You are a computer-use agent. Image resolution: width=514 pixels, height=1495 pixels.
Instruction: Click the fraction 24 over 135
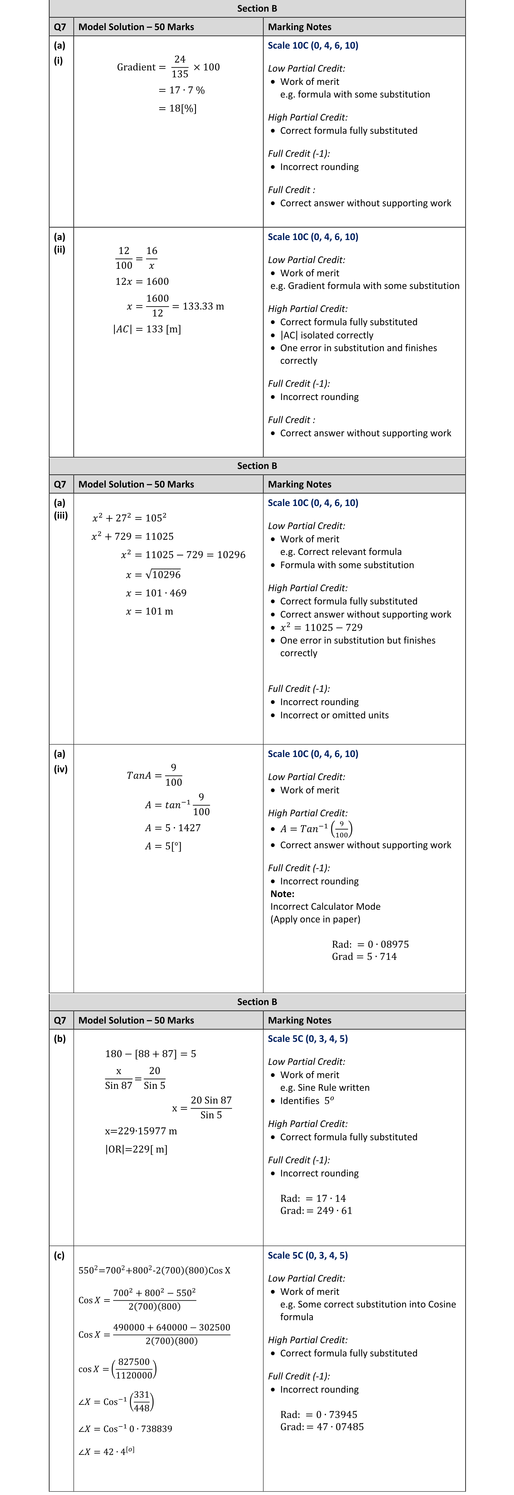(x=180, y=67)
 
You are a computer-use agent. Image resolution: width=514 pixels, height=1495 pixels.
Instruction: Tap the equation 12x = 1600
(x=142, y=281)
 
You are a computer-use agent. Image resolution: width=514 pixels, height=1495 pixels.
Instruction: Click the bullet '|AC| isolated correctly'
(x=327, y=335)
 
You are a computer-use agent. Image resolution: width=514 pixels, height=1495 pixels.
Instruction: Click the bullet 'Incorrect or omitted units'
(x=334, y=715)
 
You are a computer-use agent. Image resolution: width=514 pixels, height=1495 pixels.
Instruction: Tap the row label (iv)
(x=60, y=769)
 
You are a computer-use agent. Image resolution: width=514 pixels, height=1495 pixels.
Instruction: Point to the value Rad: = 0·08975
(x=370, y=944)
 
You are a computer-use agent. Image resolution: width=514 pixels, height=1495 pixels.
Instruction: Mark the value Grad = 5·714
(x=364, y=956)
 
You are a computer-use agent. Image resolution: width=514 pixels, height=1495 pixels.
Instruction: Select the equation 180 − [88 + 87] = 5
(x=150, y=1053)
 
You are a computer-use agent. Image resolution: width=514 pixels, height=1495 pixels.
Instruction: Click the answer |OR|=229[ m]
(x=136, y=1149)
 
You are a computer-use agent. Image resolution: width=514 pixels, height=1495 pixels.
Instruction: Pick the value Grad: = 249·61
(x=316, y=1211)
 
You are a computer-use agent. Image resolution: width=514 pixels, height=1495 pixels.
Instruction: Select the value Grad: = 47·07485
(x=322, y=1427)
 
